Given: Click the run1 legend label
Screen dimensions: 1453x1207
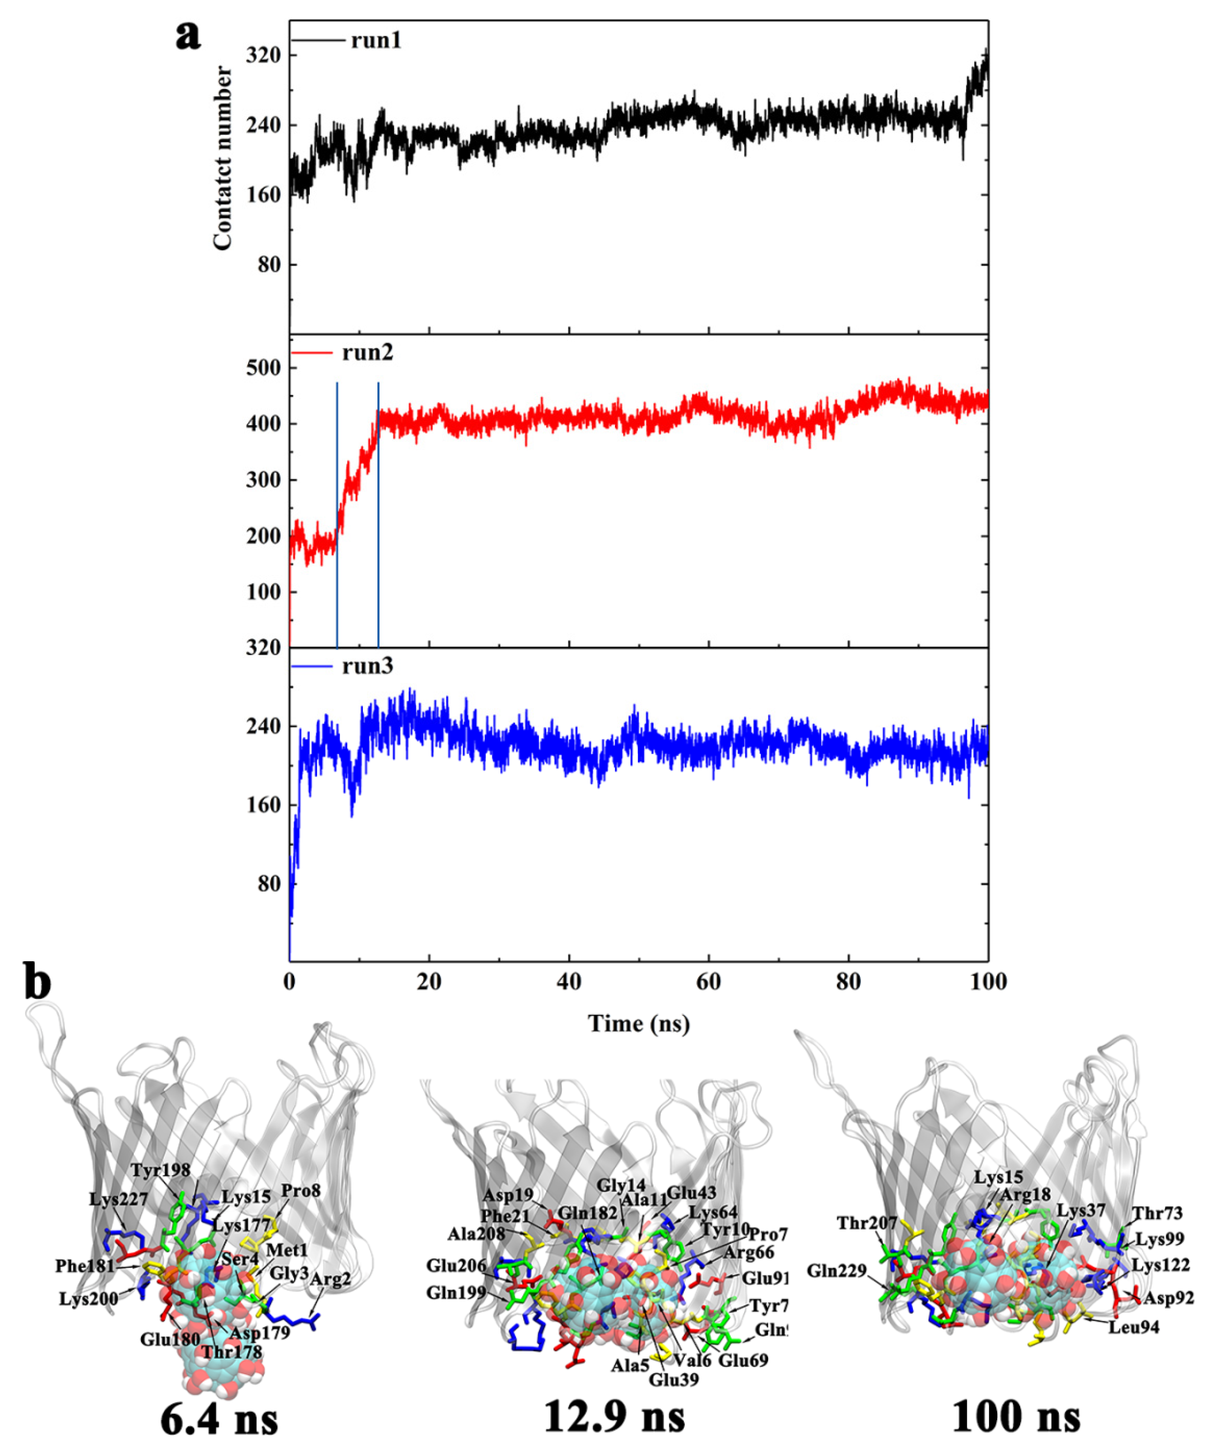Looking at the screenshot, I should click(376, 40).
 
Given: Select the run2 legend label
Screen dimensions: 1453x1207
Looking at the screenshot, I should click(367, 352).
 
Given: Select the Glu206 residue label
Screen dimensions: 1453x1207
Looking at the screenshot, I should click(454, 1266).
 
